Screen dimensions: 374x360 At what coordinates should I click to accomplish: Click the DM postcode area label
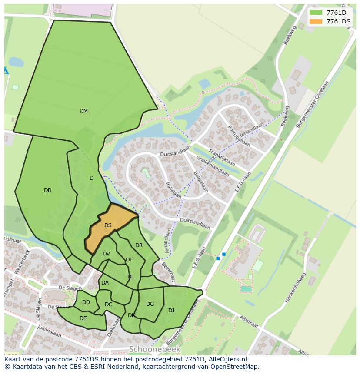click(83, 111)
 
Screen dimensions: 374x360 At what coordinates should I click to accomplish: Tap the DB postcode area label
click(48, 190)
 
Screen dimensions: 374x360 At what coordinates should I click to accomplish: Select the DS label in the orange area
click(108, 225)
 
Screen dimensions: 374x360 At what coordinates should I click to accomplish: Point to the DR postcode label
click(139, 245)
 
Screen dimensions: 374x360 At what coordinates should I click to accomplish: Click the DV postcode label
click(107, 254)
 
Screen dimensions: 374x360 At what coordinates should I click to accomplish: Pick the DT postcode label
click(129, 260)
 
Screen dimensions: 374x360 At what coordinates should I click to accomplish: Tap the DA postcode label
click(105, 283)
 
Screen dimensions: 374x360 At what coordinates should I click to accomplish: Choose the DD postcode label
click(86, 302)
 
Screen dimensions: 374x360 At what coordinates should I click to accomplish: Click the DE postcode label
click(83, 318)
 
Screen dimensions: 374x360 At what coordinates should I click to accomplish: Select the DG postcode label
click(150, 304)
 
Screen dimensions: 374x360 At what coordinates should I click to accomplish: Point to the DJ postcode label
click(171, 310)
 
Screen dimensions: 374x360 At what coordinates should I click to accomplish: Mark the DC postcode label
click(109, 304)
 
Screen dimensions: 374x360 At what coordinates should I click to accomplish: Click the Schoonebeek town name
click(154, 349)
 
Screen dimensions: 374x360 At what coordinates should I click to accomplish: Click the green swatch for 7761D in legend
click(316, 13)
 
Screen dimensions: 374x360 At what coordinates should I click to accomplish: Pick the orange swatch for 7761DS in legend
click(316, 21)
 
